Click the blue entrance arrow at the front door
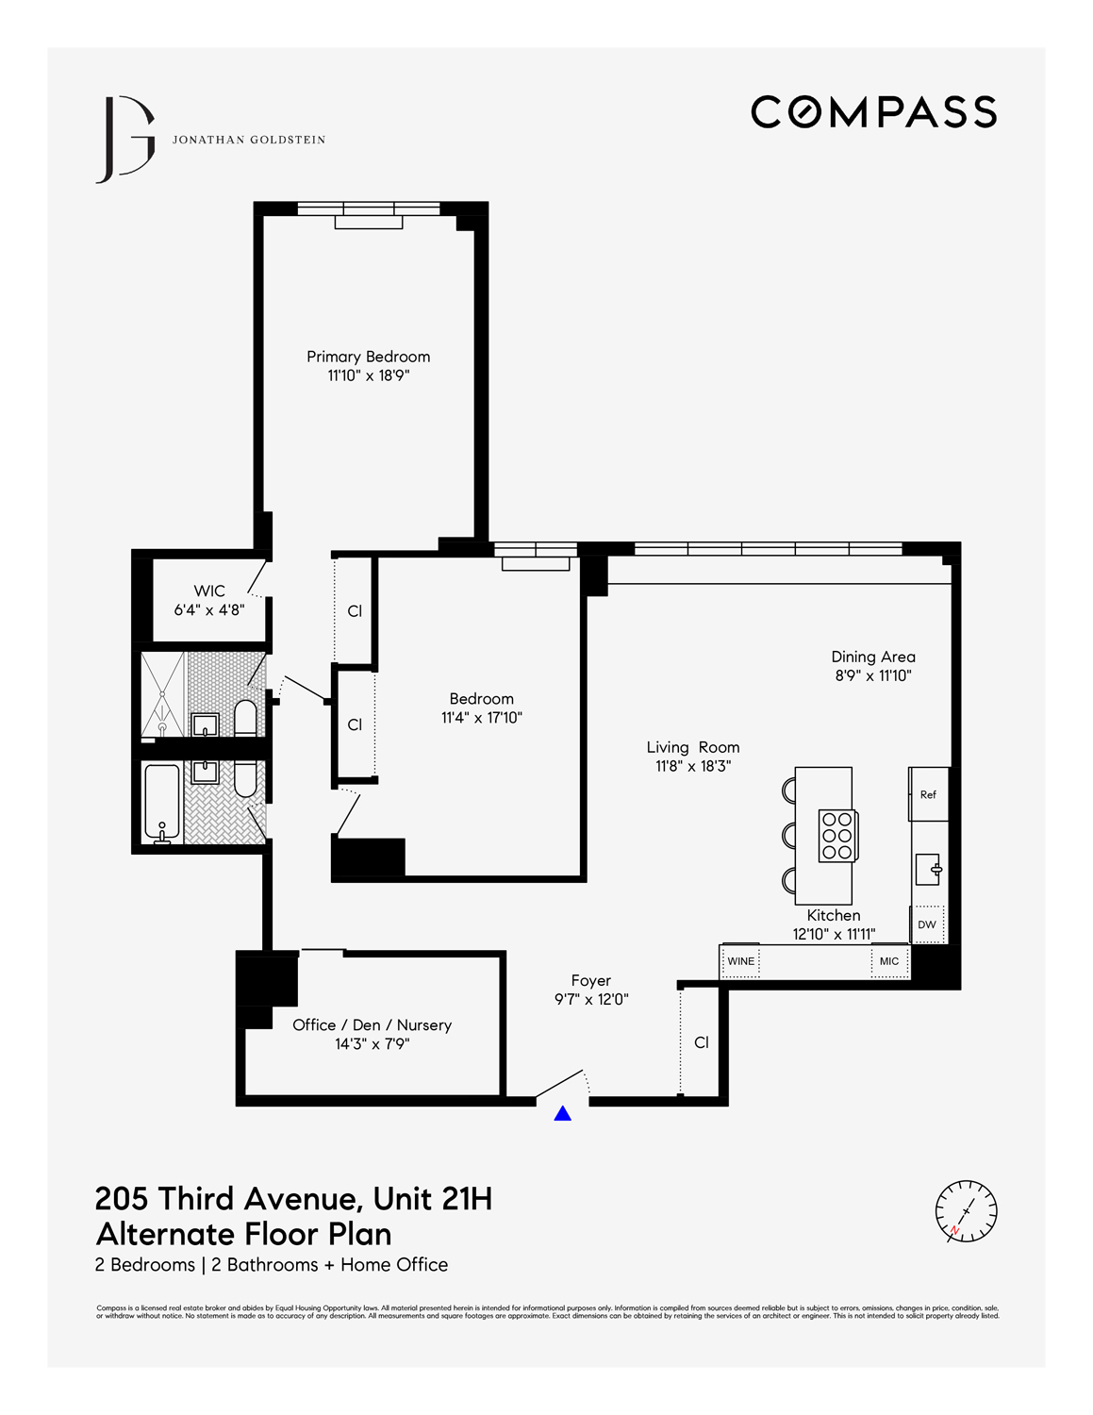pos(563,1114)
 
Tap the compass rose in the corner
pos(966,1210)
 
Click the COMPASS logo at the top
pos(873,112)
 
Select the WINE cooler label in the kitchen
pos(741,961)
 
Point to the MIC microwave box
pos(889,961)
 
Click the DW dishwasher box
pos(927,924)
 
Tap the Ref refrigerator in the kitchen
pos(928,794)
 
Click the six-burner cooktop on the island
pos(837,834)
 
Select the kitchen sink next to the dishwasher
pos(928,869)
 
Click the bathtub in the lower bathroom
pos(161,803)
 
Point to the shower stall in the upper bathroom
pos(162,694)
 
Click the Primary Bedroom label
pos(368,357)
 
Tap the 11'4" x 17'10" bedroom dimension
pos(481,718)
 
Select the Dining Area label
pos(873,657)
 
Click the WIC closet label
pos(209,591)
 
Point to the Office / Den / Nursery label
pos(372,1025)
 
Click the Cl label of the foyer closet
pos(702,1042)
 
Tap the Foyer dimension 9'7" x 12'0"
pos(591,1000)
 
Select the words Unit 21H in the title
pos(433,1199)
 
